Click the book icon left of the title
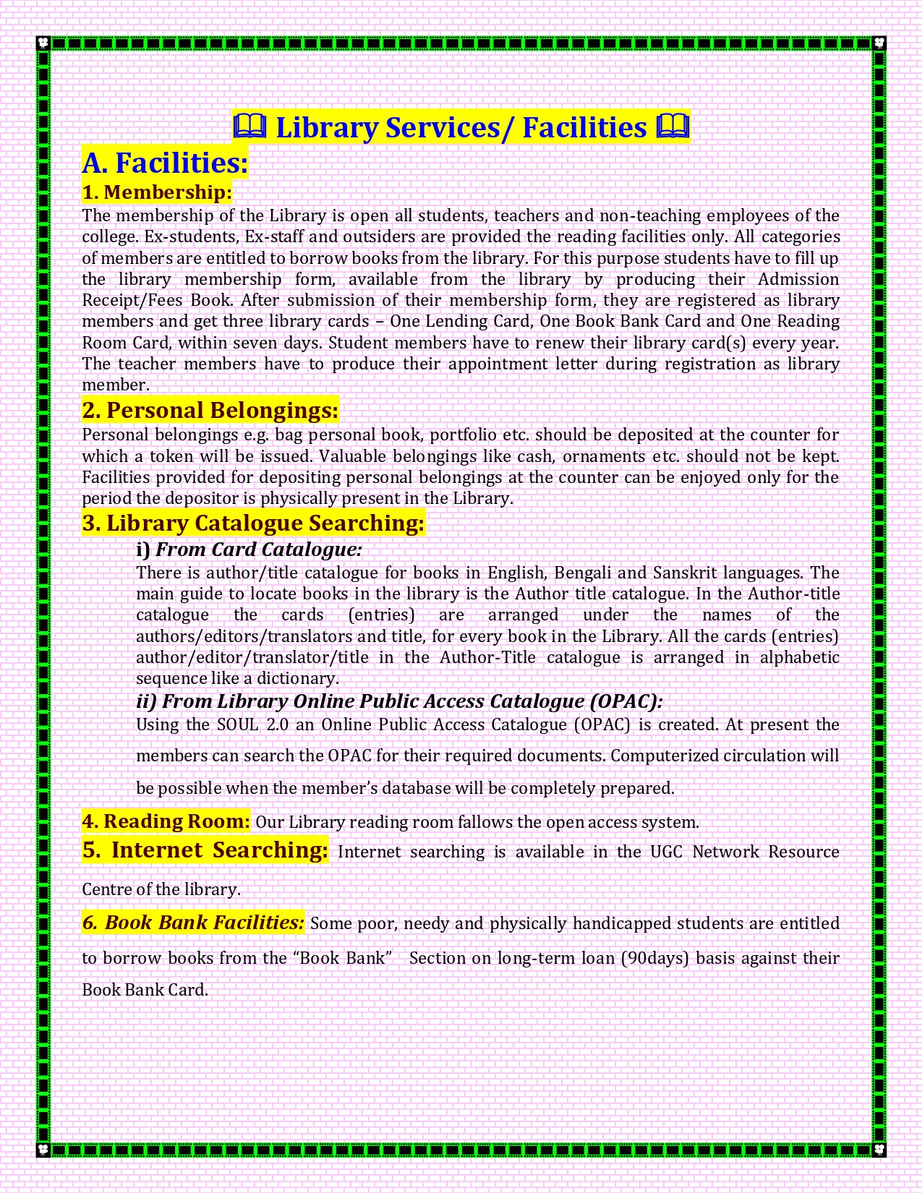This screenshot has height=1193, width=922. tap(250, 127)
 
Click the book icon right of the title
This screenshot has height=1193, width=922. tap(672, 127)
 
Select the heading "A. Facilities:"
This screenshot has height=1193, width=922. tap(165, 163)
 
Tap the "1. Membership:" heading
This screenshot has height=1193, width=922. tap(157, 192)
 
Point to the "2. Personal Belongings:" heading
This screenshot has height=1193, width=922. tap(210, 411)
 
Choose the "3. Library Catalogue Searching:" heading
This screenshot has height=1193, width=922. tap(253, 523)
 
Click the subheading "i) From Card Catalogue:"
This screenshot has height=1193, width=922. tap(249, 550)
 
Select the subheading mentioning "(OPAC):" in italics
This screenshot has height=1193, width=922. tap(399, 701)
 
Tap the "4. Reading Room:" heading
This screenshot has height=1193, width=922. tap(166, 821)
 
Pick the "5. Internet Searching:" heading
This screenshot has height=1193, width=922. tap(205, 850)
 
